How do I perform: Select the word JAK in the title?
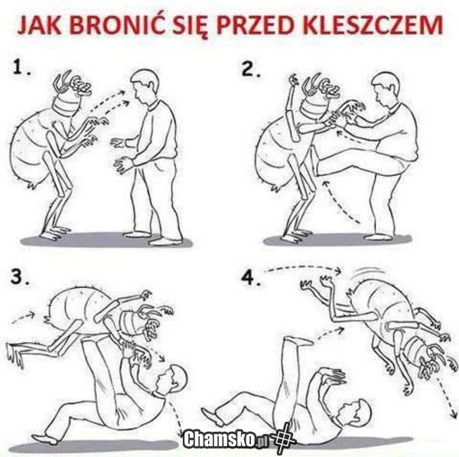tap(39, 24)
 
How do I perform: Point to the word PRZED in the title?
tap(252, 24)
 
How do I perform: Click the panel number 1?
tap(21, 67)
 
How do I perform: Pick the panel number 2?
tap(250, 70)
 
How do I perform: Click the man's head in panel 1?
tap(145, 87)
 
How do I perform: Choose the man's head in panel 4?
tap(356, 414)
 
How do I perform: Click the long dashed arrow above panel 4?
tap(303, 267)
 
